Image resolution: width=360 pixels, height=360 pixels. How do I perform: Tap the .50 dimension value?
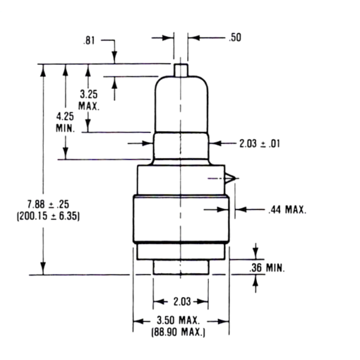pos(235,37)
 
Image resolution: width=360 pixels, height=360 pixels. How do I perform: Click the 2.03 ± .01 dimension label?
pos(259,143)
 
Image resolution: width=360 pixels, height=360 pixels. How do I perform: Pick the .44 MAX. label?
pos(287,209)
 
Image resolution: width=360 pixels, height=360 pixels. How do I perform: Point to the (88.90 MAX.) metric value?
pos(180,332)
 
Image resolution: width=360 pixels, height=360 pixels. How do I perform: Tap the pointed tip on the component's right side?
pos(234,178)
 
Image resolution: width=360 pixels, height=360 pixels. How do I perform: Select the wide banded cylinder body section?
pos(181,220)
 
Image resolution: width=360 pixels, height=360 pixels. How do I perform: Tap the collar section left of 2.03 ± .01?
pos(181,146)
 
